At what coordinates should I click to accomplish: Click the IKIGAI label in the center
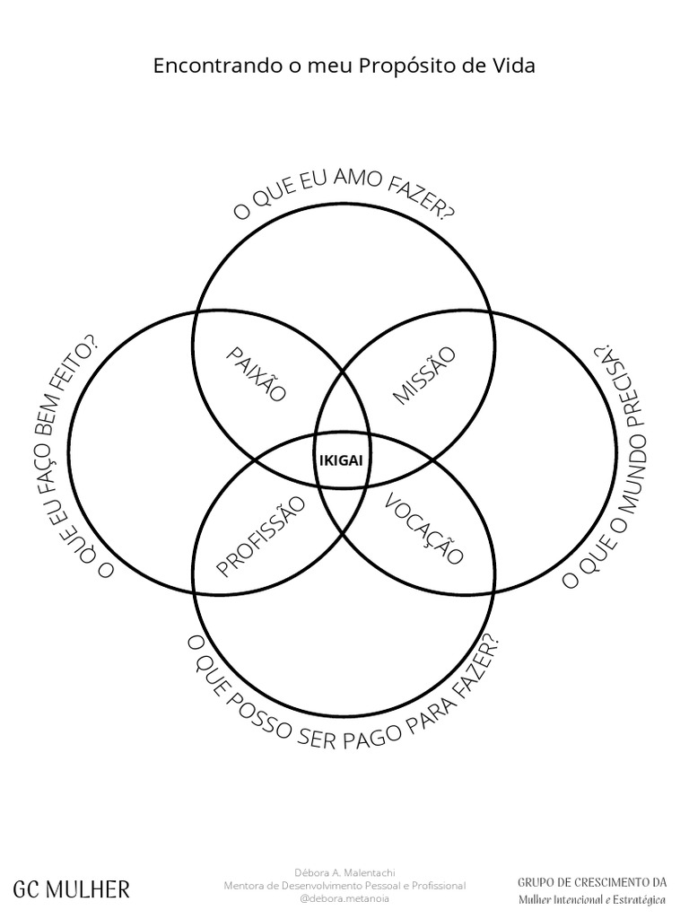point(341,460)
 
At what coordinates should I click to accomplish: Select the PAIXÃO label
point(256,374)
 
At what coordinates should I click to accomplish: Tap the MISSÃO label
point(423,375)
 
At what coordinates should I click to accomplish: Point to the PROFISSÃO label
point(261,536)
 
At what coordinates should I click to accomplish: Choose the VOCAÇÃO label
point(424,530)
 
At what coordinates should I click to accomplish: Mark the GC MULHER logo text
point(72,889)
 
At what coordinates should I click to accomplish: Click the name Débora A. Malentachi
point(344,872)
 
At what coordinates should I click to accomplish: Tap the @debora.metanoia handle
point(344,897)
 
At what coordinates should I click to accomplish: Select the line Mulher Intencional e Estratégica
point(592,899)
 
